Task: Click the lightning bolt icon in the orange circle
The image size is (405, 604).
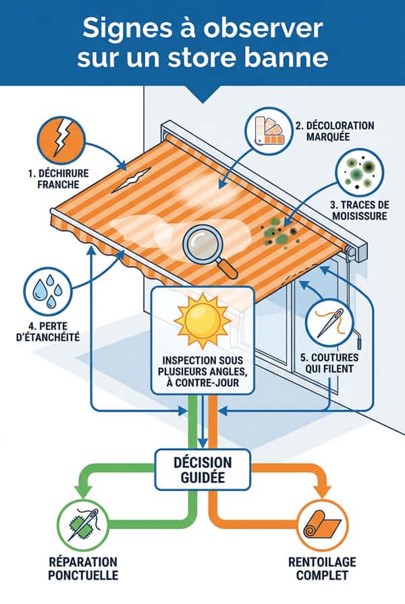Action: click(61, 141)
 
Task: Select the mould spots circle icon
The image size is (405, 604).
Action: click(360, 172)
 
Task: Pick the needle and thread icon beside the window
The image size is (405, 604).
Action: click(329, 323)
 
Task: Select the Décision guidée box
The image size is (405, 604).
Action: click(202, 469)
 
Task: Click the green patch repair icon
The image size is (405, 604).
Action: click(83, 525)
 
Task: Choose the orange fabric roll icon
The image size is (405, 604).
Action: click(323, 525)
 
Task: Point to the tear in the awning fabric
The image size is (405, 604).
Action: click(131, 180)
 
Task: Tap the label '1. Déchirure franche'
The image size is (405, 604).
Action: click(58, 179)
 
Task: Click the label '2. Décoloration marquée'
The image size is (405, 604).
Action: click(335, 131)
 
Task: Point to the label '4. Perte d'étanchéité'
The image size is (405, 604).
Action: click(48, 332)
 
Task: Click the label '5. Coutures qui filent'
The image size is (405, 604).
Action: click(329, 363)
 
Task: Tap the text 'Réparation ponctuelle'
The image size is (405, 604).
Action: click(83, 569)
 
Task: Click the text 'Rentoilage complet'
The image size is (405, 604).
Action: click(323, 569)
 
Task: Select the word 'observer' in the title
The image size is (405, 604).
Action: click(263, 28)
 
